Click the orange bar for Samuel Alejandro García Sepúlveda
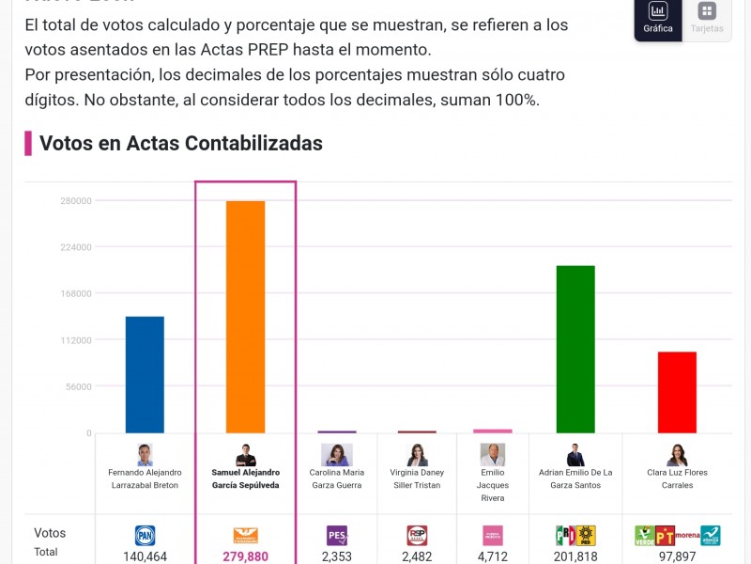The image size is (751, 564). click(245, 317)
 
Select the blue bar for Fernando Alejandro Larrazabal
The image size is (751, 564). click(145, 374)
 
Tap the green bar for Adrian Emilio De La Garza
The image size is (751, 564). click(575, 349)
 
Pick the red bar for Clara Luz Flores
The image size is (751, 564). click(677, 392)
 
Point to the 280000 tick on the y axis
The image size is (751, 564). click(76, 201)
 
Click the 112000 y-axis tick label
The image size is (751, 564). click(76, 340)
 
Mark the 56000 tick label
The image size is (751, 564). click(79, 386)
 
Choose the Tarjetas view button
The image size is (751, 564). click(707, 18)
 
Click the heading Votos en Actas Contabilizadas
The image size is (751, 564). click(181, 143)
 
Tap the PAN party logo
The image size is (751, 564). click(145, 536)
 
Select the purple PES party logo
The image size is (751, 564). click(336, 536)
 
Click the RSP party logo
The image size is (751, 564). click(417, 536)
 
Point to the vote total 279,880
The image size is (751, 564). click(245, 556)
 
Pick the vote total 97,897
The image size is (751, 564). click(677, 556)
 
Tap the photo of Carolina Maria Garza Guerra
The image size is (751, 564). click(336, 455)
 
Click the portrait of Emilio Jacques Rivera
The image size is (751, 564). click(493, 455)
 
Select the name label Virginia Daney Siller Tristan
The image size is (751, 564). click(417, 478)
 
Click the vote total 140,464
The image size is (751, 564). click(145, 556)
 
